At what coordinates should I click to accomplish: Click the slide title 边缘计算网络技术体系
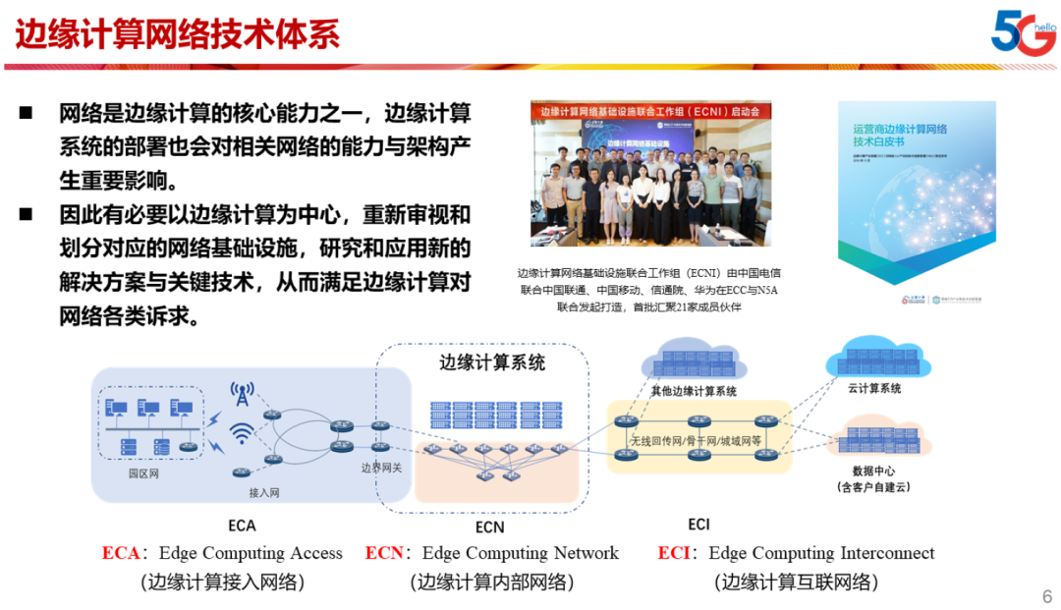178,34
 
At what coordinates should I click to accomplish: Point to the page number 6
1046,596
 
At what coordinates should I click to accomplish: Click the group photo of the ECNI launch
651,182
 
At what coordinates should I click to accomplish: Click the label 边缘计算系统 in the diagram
491,362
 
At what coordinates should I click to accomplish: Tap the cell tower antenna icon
242,394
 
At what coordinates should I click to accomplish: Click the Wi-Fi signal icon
242,433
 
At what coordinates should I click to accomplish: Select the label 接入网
263,492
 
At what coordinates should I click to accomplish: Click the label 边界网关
382,468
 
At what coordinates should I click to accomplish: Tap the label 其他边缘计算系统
694,391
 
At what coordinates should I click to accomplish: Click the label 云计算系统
874,388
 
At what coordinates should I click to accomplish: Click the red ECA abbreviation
121,553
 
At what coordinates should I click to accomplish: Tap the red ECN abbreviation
384,553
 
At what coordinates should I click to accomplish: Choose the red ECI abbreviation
674,553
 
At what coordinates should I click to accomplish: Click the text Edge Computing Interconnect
821,553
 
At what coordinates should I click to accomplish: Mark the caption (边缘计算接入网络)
222,582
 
